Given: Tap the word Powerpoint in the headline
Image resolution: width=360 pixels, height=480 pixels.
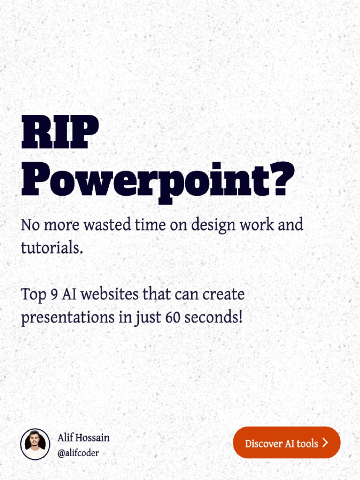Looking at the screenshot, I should pos(143,180).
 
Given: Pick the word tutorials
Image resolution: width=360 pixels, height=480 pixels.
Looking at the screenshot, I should pos(52,248).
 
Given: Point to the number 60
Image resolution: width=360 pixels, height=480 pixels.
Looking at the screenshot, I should pos(172,318).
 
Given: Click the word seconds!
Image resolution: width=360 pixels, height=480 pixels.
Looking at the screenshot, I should pos(214,318).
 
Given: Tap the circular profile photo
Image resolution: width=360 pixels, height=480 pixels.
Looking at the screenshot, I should pos(35,443).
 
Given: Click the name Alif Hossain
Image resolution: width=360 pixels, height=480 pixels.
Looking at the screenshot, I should pos(83,438).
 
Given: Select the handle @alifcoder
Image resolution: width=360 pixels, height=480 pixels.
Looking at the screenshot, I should pos(78,453).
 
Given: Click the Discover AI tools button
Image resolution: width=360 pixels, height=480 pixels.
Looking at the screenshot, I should pos(286,443).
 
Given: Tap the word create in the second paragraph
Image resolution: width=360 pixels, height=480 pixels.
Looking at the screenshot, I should pos(225,295).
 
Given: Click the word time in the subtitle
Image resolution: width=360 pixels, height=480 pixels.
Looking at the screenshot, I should pos(150,225).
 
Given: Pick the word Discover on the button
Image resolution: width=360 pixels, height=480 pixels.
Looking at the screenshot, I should pos(263,443).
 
